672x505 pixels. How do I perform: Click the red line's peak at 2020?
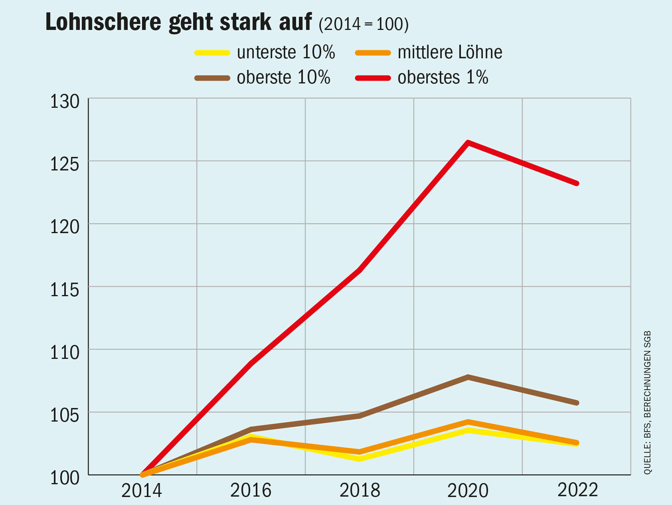468,143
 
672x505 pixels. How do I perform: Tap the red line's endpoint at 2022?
576,183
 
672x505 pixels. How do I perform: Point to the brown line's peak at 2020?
468,377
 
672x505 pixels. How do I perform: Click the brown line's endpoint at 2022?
576,403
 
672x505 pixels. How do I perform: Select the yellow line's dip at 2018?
360,459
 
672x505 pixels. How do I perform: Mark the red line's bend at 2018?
360,270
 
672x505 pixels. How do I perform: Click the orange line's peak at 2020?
468,422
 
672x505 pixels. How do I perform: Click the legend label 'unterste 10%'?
286,53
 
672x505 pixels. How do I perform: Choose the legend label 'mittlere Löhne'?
450,53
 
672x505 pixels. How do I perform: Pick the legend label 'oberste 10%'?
283,77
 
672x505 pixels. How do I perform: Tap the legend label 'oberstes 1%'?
443,77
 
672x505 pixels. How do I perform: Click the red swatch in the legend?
373,78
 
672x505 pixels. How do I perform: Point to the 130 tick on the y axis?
65,102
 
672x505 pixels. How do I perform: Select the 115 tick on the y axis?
65,290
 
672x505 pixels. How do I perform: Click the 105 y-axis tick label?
65,416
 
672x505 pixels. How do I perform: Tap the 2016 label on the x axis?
251,490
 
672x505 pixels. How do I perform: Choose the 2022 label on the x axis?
577,490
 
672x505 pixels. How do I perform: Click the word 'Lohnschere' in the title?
103,22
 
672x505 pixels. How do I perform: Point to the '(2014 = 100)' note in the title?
364,25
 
